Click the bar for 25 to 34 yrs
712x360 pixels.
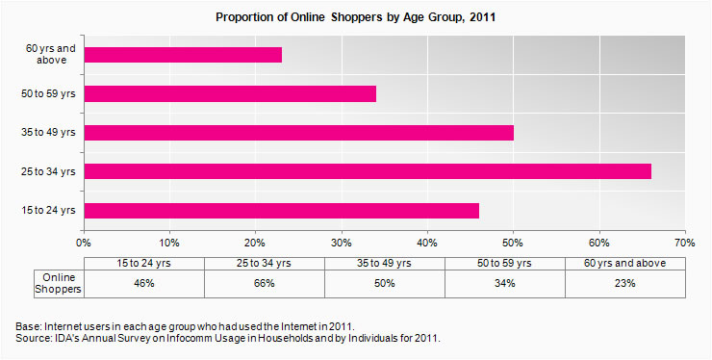click(x=368, y=171)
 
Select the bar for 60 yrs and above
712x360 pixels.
click(x=183, y=55)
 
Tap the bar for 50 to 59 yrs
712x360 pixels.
click(x=230, y=94)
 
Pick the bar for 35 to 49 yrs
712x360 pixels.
click(x=298, y=133)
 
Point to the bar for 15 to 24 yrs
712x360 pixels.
click(x=281, y=210)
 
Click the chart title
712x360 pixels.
click(x=355, y=17)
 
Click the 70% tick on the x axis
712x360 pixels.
click(x=685, y=242)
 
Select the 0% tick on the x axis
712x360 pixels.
click(x=85, y=242)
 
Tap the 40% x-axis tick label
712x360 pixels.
click(x=428, y=242)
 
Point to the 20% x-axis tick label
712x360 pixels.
click(x=256, y=242)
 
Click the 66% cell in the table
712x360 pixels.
click(x=265, y=284)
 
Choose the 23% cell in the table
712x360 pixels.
click(x=625, y=284)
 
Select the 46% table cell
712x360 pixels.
click(x=144, y=284)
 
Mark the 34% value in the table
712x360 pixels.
click(x=505, y=284)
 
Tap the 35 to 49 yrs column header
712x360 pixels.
click(x=385, y=262)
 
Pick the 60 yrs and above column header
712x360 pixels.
click(x=625, y=262)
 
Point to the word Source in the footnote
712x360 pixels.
click(x=35, y=339)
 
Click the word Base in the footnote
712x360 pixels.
click(x=30, y=327)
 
